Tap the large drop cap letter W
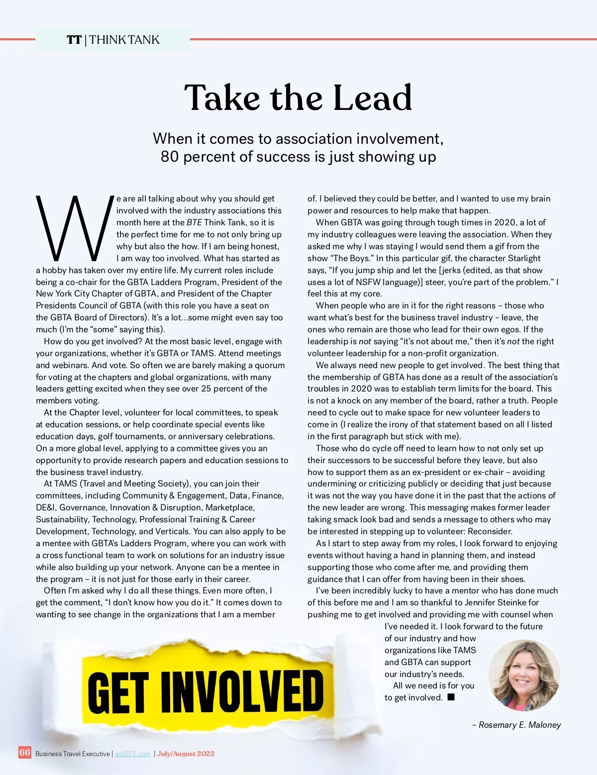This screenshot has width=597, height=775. [x=75, y=228]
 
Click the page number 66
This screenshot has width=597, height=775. [x=25, y=753]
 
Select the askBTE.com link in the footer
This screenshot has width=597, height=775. [x=133, y=754]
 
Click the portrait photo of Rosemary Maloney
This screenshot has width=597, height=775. [x=524, y=675]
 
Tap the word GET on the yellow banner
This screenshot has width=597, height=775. [x=118, y=692]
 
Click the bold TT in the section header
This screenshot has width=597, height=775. [x=74, y=40]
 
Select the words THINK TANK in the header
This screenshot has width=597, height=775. [x=124, y=40]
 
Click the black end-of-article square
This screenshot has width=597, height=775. [x=451, y=697]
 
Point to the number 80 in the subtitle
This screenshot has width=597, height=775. [x=169, y=157]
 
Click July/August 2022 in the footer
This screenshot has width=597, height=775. [x=186, y=754]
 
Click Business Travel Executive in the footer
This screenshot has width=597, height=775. [x=72, y=754]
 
